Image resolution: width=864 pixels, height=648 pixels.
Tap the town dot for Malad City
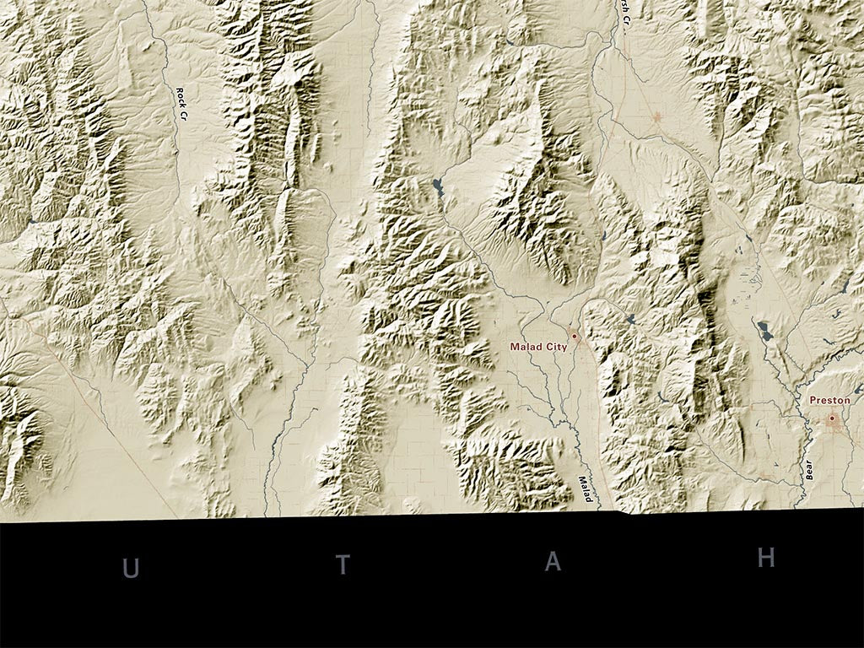(x=575, y=336)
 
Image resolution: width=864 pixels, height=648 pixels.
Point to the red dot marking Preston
(x=832, y=418)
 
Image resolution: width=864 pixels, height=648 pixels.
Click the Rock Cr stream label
(x=180, y=105)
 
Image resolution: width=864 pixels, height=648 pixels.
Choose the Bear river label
(x=809, y=470)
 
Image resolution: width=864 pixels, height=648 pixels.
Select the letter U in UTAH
(x=131, y=570)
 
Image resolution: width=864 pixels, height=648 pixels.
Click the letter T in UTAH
(x=343, y=565)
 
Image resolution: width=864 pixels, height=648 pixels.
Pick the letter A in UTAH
(x=553, y=562)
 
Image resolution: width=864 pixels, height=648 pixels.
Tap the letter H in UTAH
(x=766, y=558)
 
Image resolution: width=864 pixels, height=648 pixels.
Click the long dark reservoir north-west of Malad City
(x=436, y=187)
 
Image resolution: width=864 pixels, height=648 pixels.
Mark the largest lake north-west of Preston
(x=765, y=330)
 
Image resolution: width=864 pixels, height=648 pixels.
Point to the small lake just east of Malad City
(x=632, y=318)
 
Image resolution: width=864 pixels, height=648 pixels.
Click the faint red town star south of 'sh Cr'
(x=657, y=117)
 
